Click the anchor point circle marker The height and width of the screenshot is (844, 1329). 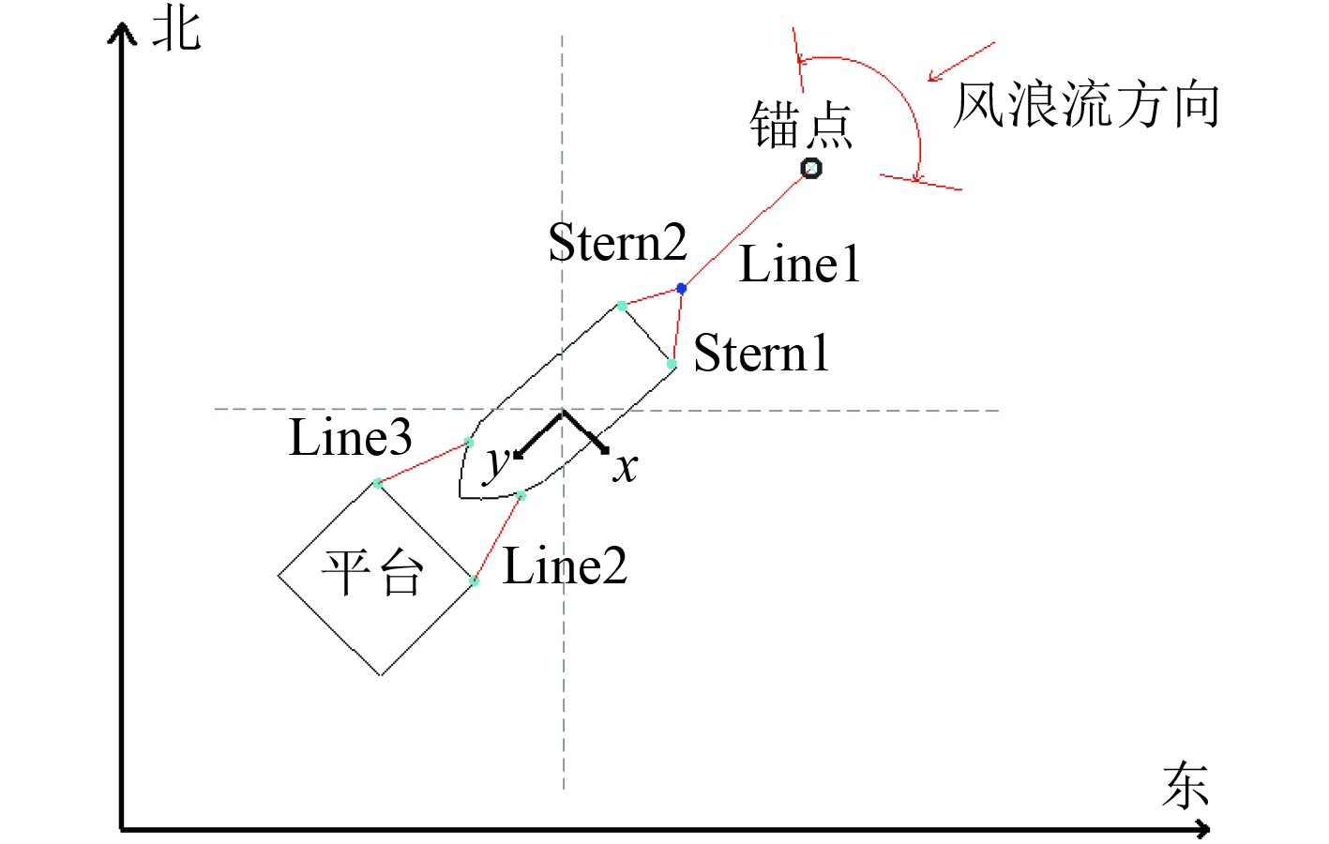tap(811, 169)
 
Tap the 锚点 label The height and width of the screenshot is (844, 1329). tap(800, 126)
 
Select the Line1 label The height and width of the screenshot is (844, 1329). tap(799, 264)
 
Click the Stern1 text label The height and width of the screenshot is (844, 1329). tap(762, 354)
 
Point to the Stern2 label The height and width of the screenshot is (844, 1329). tap(617, 243)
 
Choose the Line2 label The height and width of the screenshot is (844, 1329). tap(565, 566)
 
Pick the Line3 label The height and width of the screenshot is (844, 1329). tap(350, 438)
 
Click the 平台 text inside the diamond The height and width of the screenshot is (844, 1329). tap(372, 572)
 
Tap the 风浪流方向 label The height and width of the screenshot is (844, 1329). tap(1086, 104)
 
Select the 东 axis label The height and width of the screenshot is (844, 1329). tap(1185, 785)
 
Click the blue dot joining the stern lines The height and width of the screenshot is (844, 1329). tap(682, 288)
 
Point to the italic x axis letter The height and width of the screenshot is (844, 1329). tap(626, 466)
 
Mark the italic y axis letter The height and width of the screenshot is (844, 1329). tap(496, 461)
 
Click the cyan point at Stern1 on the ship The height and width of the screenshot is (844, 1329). tap(672, 364)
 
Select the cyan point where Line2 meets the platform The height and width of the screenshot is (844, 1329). tap(475, 581)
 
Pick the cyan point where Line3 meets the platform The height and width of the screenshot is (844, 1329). tap(377, 483)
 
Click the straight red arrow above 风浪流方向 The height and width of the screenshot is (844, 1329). tap(960, 62)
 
